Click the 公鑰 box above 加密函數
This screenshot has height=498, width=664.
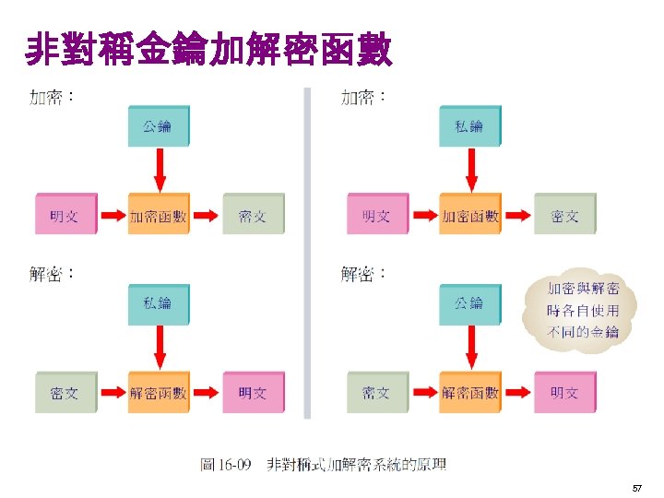(x=158, y=126)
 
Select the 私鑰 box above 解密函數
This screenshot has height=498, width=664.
(x=158, y=303)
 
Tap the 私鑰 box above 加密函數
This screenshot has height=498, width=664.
(x=469, y=126)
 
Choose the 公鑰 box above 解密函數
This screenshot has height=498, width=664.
(x=469, y=303)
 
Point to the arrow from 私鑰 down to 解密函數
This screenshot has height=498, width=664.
(x=159, y=347)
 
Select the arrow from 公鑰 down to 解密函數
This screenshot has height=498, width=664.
(x=470, y=347)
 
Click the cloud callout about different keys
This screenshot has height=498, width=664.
(x=582, y=310)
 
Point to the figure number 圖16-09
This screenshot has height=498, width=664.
(x=226, y=465)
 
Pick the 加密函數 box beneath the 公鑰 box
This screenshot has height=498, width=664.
(x=158, y=216)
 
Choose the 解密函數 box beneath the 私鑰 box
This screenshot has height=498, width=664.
(x=158, y=393)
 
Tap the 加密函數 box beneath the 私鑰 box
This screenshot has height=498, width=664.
(x=469, y=216)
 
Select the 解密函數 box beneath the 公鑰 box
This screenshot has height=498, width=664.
(x=469, y=393)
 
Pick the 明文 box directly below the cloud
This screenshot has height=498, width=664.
(x=564, y=393)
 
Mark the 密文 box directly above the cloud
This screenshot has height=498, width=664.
(x=564, y=216)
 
